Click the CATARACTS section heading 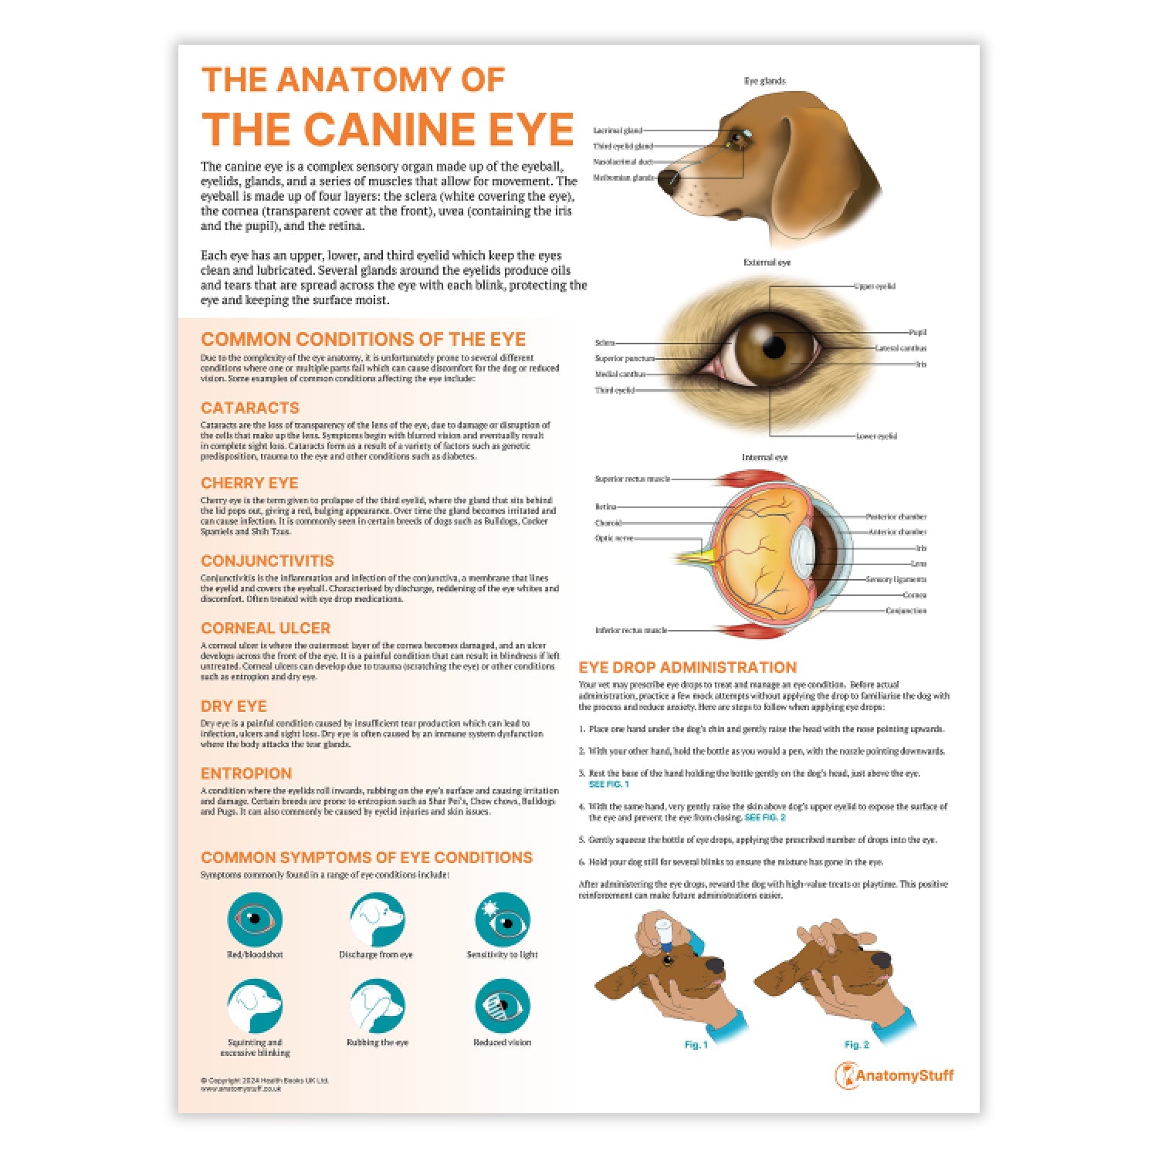click(x=249, y=408)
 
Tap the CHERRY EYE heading click(x=249, y=483)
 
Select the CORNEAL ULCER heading click(x=266, y=628)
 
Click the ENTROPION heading click(x=246, y=774)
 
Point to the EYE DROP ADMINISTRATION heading click(x=688, y=668)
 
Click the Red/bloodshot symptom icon click(x=255, y=919)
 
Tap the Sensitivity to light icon click(x=502, y=919)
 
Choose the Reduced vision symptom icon click(x=502, y=1007)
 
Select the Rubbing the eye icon click(x=377, y=1007)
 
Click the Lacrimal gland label click(x=617, y=130)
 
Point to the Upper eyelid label click(x=875, y=286)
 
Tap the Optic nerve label click(x=614, y=538)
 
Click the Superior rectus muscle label click(x=632, y=479)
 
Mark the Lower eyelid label click(x=876, y=436)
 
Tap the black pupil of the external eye click(x=774, y=347)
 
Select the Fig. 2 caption click(x=856, y=1045)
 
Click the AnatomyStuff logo click(x=895, y=1075)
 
